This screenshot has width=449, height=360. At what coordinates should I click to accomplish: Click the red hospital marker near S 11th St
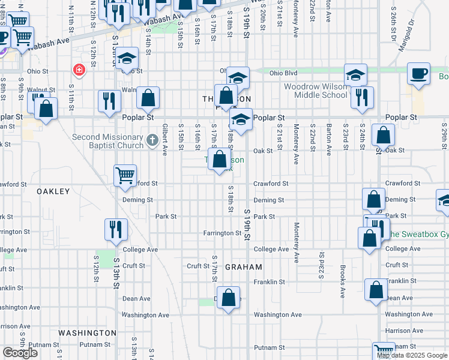tap(78, 70)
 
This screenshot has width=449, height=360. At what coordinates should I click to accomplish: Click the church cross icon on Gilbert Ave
tap(152, 141)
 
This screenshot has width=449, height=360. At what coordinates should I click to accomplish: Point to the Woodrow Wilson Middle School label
tap(315, 91)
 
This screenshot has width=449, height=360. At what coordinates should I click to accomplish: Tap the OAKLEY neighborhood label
tap(53, 191)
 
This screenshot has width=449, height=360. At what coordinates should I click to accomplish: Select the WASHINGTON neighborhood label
tap(87, 332)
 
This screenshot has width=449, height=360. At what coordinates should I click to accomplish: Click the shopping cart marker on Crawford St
tap(125, 175)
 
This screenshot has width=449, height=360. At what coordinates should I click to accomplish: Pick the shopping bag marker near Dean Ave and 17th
tap(228, 298)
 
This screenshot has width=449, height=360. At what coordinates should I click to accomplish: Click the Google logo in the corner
tap(20, 353)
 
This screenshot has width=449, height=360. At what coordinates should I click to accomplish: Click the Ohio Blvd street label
tap(283, 73)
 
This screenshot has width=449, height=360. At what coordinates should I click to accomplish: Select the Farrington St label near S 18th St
tap(221, 233)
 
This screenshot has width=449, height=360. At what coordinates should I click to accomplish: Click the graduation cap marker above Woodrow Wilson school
tap(356, 75)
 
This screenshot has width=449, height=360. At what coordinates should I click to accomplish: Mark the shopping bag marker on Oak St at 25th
tap(383, 136)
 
